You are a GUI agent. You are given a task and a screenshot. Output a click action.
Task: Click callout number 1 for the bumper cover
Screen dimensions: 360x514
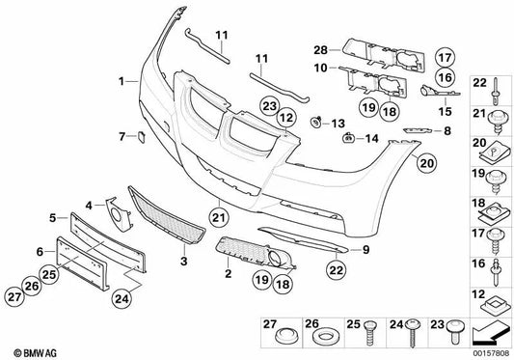pos(122,81)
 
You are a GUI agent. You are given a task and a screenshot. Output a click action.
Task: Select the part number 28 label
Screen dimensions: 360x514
pos(320,48)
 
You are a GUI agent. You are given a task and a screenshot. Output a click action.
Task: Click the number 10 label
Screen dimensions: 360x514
pos(320,68)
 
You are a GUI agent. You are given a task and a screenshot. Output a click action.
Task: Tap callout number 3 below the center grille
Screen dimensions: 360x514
pos(184,261)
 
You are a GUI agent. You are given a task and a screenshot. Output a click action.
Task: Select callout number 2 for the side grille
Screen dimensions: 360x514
pos(229,276)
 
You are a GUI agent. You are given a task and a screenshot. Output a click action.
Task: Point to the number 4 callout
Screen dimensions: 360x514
pos(90,205)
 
